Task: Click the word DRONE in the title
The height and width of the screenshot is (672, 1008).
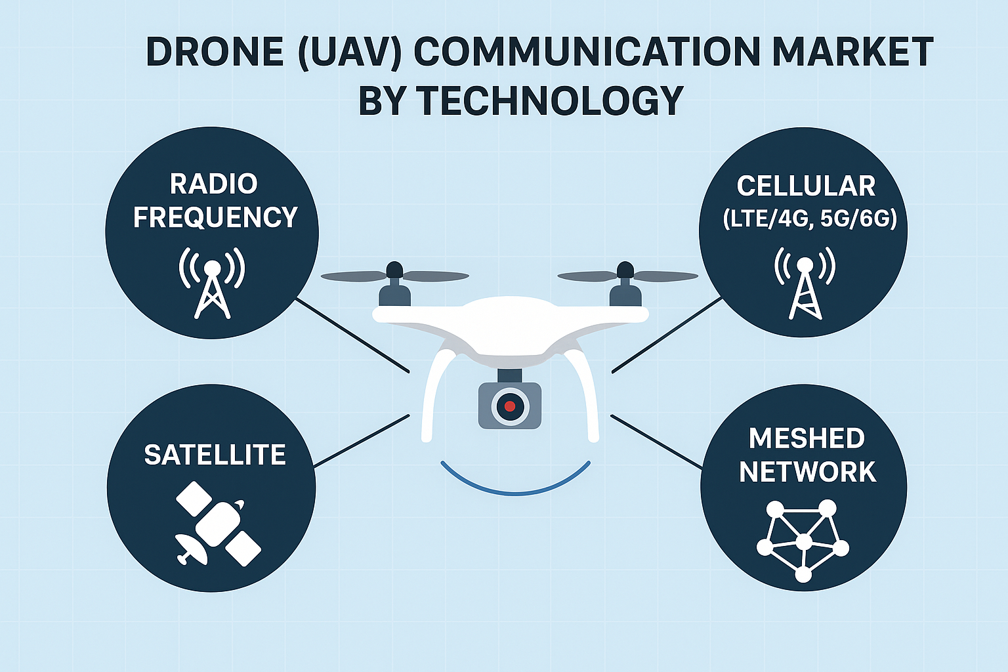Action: pyautogui.click(x=215, y=52)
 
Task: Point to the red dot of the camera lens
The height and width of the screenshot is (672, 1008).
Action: pyautogui.click(x=510, y=406)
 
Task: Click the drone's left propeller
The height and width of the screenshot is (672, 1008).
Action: pyautogui.click(x=394, y=276)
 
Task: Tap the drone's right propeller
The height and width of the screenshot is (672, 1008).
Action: pyautogui.click(x=626, y=276)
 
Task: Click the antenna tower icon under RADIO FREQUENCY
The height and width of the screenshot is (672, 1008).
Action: pyautogui.click(x=212, y=283)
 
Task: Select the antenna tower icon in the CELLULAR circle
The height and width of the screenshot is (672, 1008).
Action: pyautogui.click(x=805, y=283)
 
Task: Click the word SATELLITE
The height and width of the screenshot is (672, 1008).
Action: pyautogui.click(x=215, y=455)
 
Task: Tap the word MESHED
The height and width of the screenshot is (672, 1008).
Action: pyautogui.click(x=807, y=438)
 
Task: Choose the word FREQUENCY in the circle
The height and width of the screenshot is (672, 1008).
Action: pyautogui.click(x=215, y=217)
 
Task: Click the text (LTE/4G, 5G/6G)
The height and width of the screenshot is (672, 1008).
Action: pyautogui.click(x=809, y=219)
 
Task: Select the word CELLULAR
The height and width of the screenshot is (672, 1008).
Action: pyautogui.click(x=806, y=186)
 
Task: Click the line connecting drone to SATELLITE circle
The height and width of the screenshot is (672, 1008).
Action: pyautogui.click(x=362, y=440)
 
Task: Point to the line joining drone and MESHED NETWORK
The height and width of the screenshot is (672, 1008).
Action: pyautogui.click(x=656, y=441)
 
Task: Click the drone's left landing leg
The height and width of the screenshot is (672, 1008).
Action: pyautogui.click(x=430, y=394)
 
